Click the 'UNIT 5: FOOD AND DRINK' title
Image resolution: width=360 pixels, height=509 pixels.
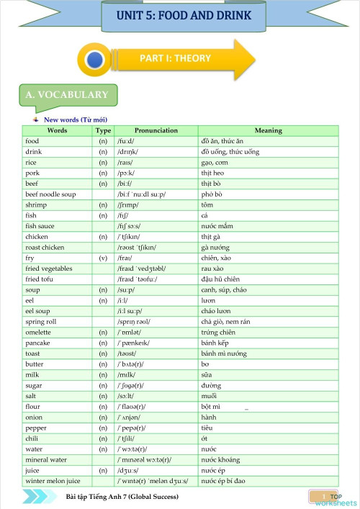(x=185, y=15)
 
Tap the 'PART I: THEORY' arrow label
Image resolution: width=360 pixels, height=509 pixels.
(x=175, y=58)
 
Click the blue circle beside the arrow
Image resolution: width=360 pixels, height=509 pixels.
(x=94, y=60)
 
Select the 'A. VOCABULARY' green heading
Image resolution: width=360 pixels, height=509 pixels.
(x=66, y=94)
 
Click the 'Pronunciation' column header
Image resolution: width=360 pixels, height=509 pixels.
(x=156, y=131)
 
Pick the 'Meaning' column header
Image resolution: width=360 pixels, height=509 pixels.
(x=268, y=131)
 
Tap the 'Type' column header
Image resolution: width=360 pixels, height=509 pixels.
(x=103, y=131)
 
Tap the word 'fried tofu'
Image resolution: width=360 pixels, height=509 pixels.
(x=40, y=279)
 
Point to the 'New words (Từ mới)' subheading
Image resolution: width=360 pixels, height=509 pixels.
(x=76, y=120)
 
